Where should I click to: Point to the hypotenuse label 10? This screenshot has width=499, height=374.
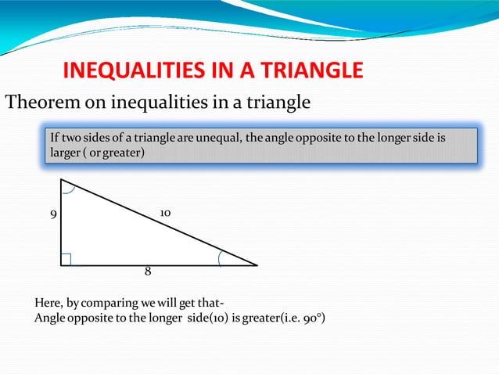[x=165, y=213]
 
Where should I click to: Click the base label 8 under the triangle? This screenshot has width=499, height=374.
[x=147, y=272]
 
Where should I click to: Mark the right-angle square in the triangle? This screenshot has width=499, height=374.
[x=66, y=260]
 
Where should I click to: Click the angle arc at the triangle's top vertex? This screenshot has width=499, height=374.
[x=67, y=187]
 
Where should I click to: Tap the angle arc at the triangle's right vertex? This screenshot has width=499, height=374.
[x=223, y=257]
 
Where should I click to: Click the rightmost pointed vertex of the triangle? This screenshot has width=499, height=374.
[x=256, y=265]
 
